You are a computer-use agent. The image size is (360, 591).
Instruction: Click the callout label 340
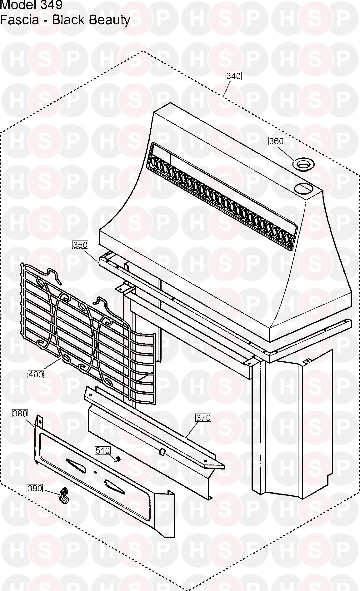(x=234, y=76)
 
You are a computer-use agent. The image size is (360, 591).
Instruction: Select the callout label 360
(x=277, y=141)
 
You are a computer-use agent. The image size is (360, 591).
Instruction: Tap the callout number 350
(x=80, y=245)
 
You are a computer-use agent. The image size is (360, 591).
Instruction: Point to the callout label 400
(x=36, y=374)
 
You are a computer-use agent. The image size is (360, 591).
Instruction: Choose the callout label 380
(x=20, y=414)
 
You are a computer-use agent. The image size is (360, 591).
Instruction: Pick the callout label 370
(x=203, y=418)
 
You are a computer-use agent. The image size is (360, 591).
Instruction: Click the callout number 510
(x=103, y=450)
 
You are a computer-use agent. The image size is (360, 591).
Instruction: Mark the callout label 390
(x=35, y=488)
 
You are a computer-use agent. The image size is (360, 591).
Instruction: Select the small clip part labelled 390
(x=64, y=495)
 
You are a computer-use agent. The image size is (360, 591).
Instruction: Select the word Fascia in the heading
(x=20, y=20)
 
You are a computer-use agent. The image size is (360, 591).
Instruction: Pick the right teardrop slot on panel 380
(x=115, y=487)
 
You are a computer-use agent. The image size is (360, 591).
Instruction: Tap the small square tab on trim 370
(x=162, y=451)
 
